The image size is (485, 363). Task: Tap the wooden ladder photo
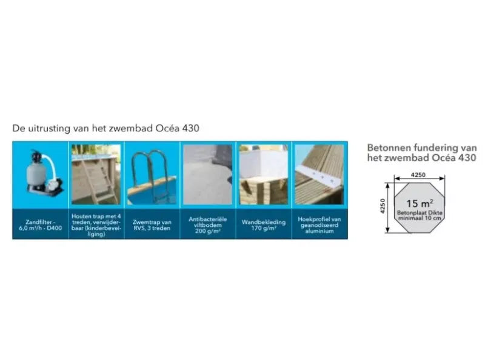point(96,174)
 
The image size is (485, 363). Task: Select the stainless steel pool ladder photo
point(152,174)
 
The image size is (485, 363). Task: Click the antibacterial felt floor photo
point(207,174)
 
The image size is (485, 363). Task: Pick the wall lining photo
point(264,174)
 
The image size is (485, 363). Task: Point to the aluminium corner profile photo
point(319,174)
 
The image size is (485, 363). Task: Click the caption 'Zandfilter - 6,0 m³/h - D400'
point(40,225)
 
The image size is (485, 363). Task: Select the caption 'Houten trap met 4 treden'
point(96,219)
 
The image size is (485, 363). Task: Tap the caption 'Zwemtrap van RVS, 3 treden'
point(152,225)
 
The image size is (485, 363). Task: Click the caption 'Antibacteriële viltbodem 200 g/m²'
point(207,225)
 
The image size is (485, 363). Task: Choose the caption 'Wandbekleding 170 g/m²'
point(264,225)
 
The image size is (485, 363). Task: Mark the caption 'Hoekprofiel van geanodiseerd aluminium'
point(319,225)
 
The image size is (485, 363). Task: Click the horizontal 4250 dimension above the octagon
point(418,175)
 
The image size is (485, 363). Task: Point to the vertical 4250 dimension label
point(383,206)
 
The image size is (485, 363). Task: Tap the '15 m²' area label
point(420,203)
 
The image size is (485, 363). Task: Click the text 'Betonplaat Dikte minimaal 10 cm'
point(420,215)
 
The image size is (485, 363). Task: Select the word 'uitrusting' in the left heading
point(49,128)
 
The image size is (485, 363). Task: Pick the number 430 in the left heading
point(190,128)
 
